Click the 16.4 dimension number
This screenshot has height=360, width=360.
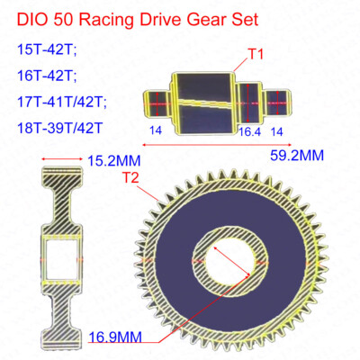(247, 130)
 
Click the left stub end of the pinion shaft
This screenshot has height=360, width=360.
(158, 100)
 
